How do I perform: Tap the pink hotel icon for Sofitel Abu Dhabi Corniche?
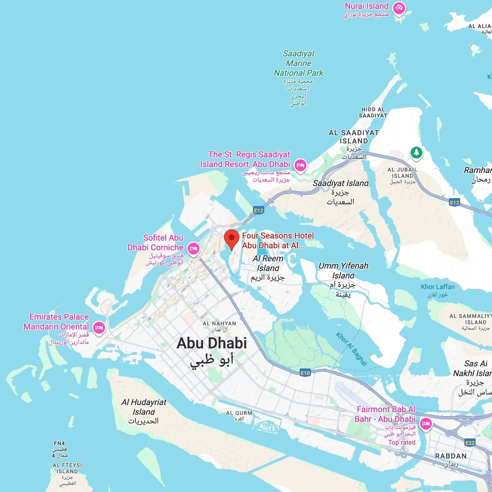(193, 248)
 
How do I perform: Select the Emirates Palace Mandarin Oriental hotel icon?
(99, 328)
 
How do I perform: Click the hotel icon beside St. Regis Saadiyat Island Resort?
(300, 165)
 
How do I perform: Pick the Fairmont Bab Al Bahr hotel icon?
(426, 423)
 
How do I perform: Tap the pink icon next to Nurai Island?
(399, 7)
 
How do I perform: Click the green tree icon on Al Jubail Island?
(416, 152)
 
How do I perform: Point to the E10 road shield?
(305, 373)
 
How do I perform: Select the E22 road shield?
(470, 443)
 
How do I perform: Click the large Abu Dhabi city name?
(211, 343)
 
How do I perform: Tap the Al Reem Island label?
(268, 263)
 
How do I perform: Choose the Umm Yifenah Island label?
(343, 270)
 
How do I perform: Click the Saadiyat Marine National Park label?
(299, 64)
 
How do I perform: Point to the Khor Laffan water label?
(438, 287)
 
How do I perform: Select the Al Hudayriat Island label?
(143, 407)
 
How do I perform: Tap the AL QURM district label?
(239, 413)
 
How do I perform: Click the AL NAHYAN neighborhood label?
(219, 323)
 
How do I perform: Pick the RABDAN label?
(451, 456)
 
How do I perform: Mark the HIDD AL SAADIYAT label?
(373, 112)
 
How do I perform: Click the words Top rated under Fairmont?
(402, 443)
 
